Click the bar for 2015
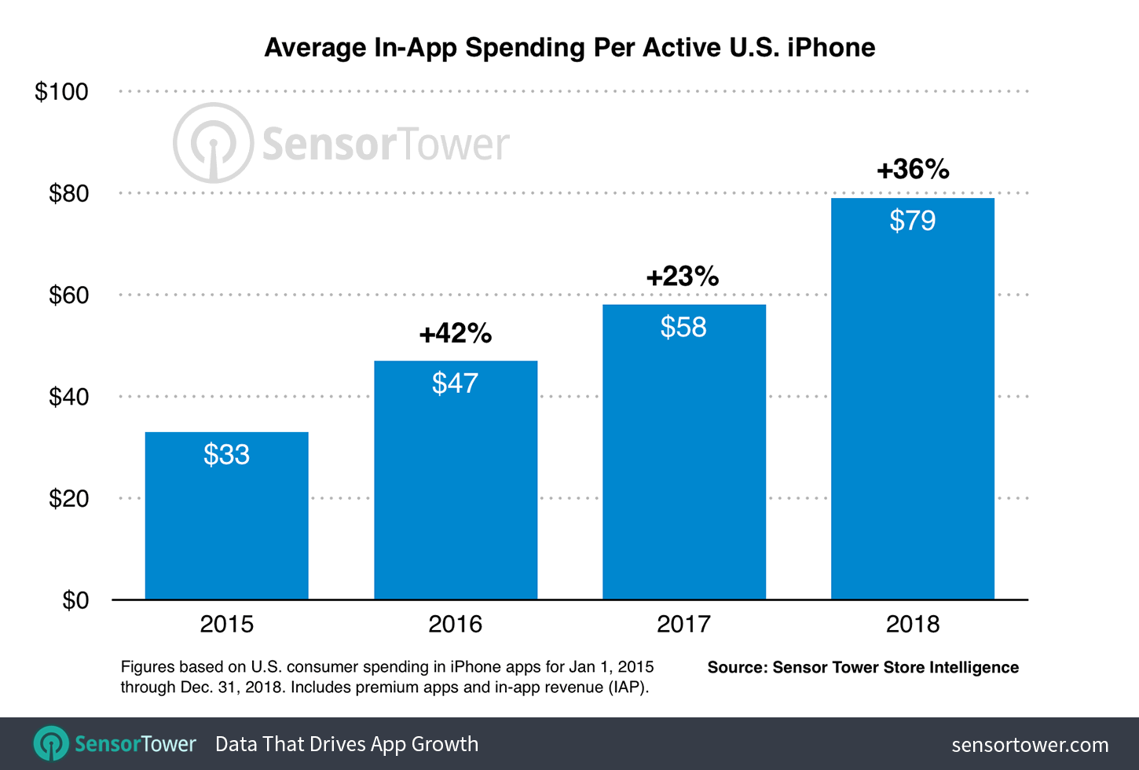coord(226,526)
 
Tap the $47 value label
coord(455,383)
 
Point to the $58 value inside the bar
coord(683,327)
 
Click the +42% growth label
coord(455,334)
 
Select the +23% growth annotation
coord(682,277)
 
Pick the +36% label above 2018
coord(913,170)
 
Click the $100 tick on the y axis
coord(61,92)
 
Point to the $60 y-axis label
coord(68,295)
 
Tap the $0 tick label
coord(75,600)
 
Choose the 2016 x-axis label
coord(455,625)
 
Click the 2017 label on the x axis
coord(683,625)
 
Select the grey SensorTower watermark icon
coord(213,143)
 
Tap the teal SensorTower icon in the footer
coord(51,743)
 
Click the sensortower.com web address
coord(1030,745)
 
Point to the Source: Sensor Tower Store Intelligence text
coord(862,668)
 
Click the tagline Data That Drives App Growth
coord(346,744)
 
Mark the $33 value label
coord(226,455)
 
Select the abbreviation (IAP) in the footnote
coord(627,687)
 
